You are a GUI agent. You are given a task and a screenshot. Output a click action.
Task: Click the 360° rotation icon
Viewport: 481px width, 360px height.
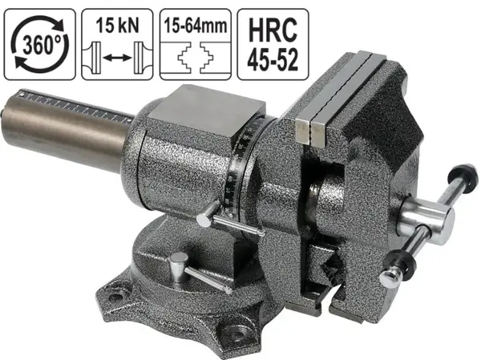pyautogui.click(x=40, y=45)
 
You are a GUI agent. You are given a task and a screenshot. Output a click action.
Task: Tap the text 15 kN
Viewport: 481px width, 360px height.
pyautogui.click(x=117, y=26)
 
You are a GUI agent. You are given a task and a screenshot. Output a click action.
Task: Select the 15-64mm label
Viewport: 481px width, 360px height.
pyautogui.click(x=196, y=26)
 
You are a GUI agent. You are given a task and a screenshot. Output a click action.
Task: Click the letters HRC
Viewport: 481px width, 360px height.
pyautogui.click(x=273, y=30)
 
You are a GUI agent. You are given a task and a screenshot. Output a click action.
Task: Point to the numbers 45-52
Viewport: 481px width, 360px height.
pyautogui.click(x=273, y=59)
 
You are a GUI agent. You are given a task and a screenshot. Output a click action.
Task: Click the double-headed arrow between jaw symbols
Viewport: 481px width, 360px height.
pyautogui.click(x=117, y=57)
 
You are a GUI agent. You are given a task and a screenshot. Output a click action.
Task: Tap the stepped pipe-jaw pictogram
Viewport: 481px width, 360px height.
pyautogui.click(x=196, y=57)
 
